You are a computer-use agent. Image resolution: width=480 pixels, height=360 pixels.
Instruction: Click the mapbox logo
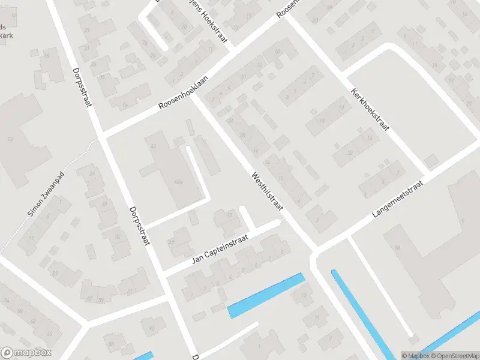pyautogui.click(x=26, y=353)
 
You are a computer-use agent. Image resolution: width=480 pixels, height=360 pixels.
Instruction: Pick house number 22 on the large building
pyautogui.click(x=10, y=139)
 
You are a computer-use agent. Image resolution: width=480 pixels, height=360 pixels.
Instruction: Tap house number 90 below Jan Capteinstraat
pyautogui.click(x=152, y=328)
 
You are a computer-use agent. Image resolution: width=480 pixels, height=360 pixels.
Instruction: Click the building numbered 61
pyautogui.click(x=130, y=291)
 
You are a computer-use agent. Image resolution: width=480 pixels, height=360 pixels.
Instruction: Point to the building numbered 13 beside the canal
pyautogui.click(x=304, y=294)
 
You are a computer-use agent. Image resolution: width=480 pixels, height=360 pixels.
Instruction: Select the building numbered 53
pyautogui.click(x=55, y=274)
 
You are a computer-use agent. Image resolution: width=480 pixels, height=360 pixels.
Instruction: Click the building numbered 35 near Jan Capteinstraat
pyautogui.click(x=171, y=242)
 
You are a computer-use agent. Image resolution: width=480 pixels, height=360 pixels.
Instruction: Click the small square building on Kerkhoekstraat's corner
pyautogui.click(x=430, y=160)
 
